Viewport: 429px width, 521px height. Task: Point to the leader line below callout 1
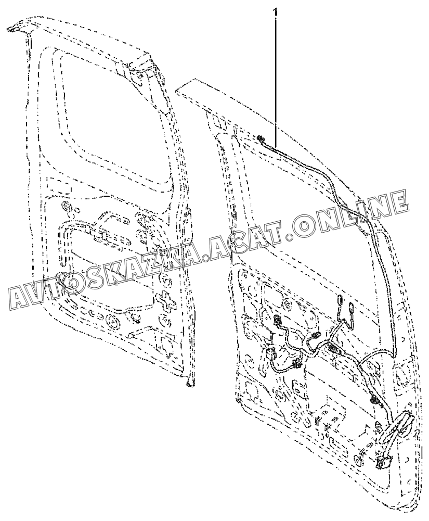(x=276, y=78)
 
